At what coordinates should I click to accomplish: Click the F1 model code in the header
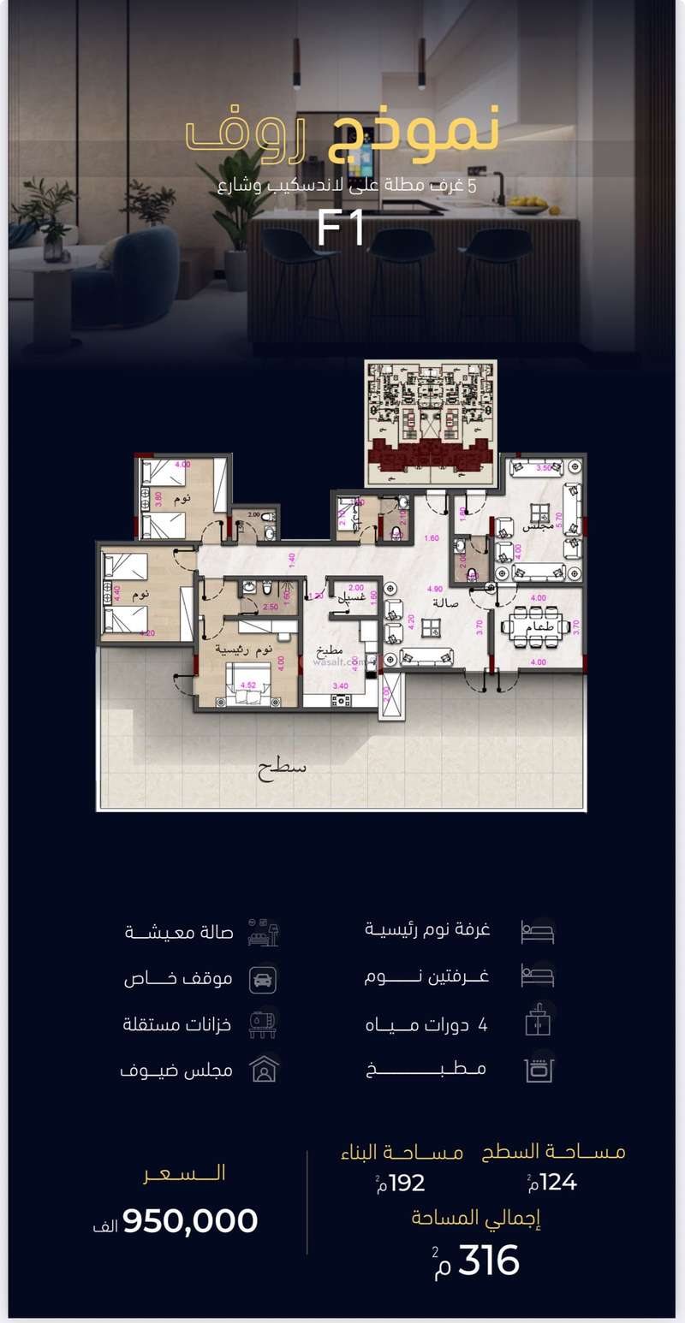pos(341,228)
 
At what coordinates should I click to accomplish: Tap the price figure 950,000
pos(190,1220)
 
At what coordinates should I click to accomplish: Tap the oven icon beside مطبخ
pos(539,1069)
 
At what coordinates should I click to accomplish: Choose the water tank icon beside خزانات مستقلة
pos(263,1023)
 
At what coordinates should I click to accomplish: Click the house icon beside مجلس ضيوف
pos(264,1070)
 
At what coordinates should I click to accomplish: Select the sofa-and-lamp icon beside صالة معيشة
pos(264,932)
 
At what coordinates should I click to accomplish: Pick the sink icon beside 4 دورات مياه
pos(539,1023)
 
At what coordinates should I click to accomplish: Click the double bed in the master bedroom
pos(244,684)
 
